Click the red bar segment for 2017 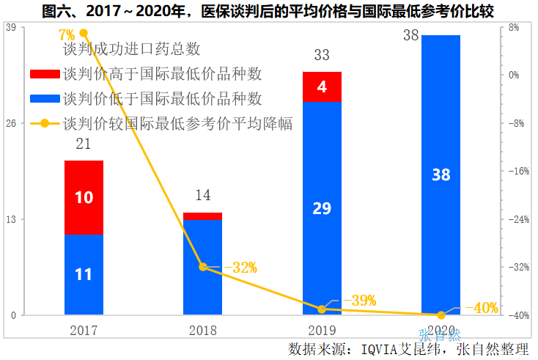[84, 197]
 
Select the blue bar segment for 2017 [84, 274]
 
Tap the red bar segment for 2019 [322, 87]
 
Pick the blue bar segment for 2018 [202, 267]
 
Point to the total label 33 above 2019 [322, 56]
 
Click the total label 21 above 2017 [84, 144]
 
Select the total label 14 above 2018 [202, 196]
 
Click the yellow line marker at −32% [203, 267]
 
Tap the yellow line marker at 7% [84, 33]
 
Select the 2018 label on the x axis [202, 331]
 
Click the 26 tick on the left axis [11, 123]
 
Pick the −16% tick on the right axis [518, 171]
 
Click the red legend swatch [45, 74]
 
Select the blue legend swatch [45, 98]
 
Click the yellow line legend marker [45, 123]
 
